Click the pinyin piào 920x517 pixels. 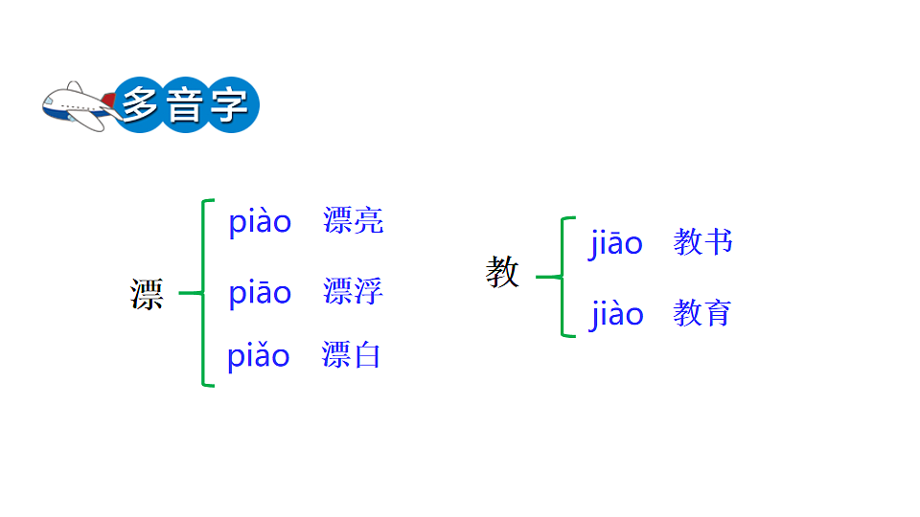point(260,222)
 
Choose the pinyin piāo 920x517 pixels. point(260,292)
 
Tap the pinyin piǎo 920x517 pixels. point(258,356)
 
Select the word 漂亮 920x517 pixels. point(353,221)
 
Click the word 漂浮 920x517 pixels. point(353,291)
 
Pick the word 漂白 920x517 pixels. point(351,355)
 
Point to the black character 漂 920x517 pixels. point(147,294)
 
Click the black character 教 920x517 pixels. point(502,274)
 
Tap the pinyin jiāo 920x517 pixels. point(616,243)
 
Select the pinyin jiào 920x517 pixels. point(616,314)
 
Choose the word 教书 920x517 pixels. point(702,242)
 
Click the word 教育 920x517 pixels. point(702,313)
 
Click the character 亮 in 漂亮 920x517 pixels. point(368,221)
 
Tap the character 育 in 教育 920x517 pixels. point(717,313)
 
